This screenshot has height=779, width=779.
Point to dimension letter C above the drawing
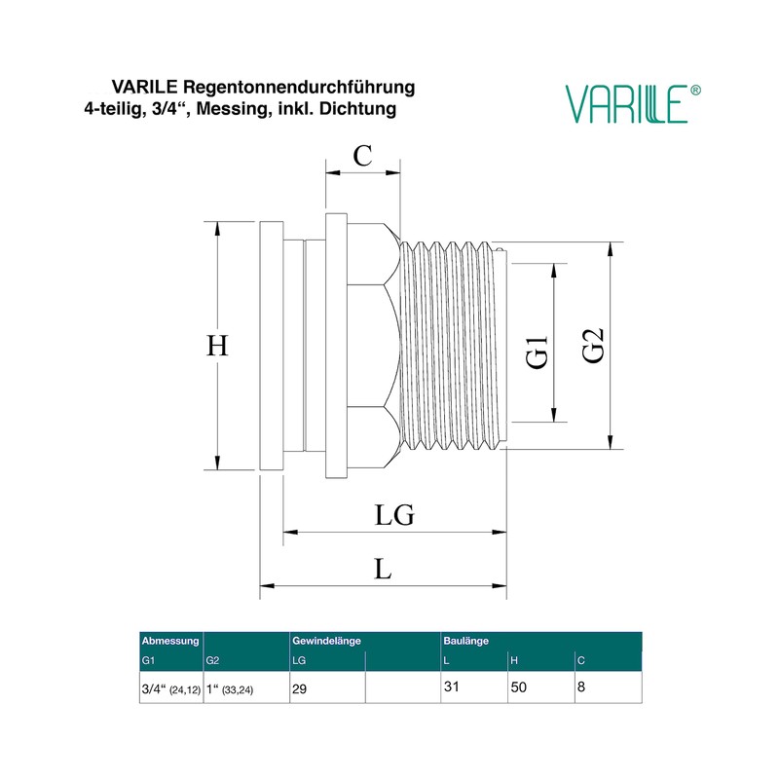click(362, 155)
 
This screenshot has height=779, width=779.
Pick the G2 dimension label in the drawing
click(593, 347)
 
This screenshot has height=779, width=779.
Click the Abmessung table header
click(171, 642)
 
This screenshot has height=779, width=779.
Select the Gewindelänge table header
click(327, 642)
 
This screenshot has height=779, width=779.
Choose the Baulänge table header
click(466, 642)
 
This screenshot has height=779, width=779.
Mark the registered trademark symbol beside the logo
click(695, 90)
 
